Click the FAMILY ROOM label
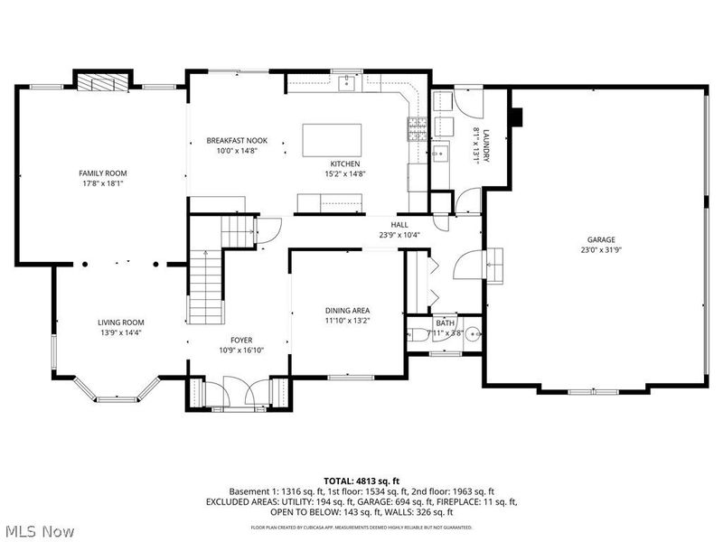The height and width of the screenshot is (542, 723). (102, 173)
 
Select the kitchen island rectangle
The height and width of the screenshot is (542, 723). (332, 141)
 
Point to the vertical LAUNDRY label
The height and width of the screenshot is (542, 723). (486, 145)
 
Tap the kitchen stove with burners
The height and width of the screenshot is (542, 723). (417, 131)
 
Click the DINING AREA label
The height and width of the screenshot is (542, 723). (347, 310)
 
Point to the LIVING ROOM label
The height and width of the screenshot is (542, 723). (121, 322)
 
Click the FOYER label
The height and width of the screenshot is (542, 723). (241, 341)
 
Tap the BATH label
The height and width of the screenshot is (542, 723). (445, 322)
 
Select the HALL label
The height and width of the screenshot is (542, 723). (399, 225)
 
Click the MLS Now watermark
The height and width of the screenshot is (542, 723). (39, 531)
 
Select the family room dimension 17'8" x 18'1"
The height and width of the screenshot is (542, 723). (102, 183)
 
